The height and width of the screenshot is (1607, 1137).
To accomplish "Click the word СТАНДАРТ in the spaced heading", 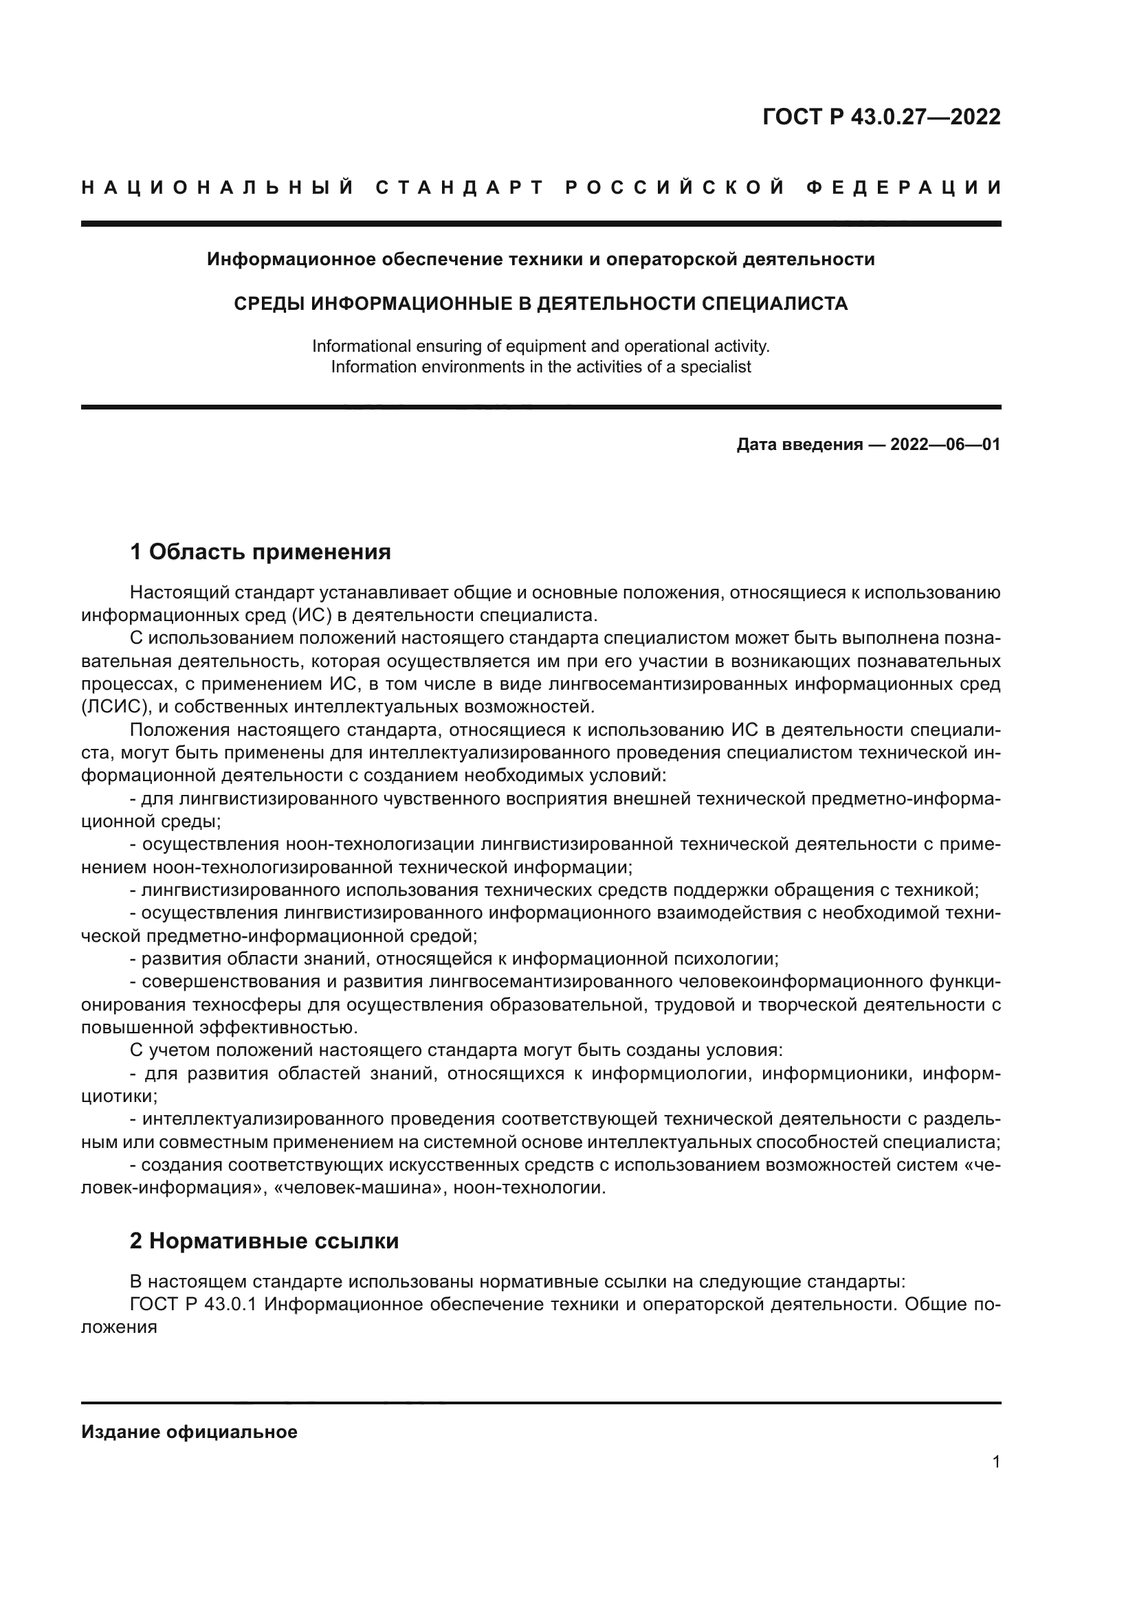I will (460, 188).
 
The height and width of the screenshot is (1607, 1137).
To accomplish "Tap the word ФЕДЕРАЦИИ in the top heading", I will (903, 188).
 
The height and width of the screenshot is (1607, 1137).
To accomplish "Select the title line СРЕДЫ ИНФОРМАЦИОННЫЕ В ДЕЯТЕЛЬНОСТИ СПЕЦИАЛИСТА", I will (540, 304).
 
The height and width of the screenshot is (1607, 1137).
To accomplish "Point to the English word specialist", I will (717, 367).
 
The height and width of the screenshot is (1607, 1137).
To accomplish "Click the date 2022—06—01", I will (945, 445).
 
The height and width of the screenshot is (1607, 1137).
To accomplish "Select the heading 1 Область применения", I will (261, 552).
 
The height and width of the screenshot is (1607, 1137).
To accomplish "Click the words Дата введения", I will (799, 445).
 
